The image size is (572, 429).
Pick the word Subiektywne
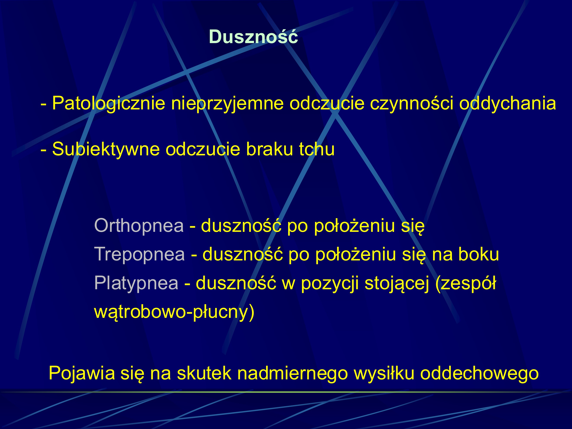106,149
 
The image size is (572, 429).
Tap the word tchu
317,149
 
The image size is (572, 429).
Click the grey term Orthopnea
139,226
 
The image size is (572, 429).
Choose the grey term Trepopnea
139,254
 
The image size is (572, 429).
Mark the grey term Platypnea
136,283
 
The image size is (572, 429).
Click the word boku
478,254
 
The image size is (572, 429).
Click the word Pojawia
82,373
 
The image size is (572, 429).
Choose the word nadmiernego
292,373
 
